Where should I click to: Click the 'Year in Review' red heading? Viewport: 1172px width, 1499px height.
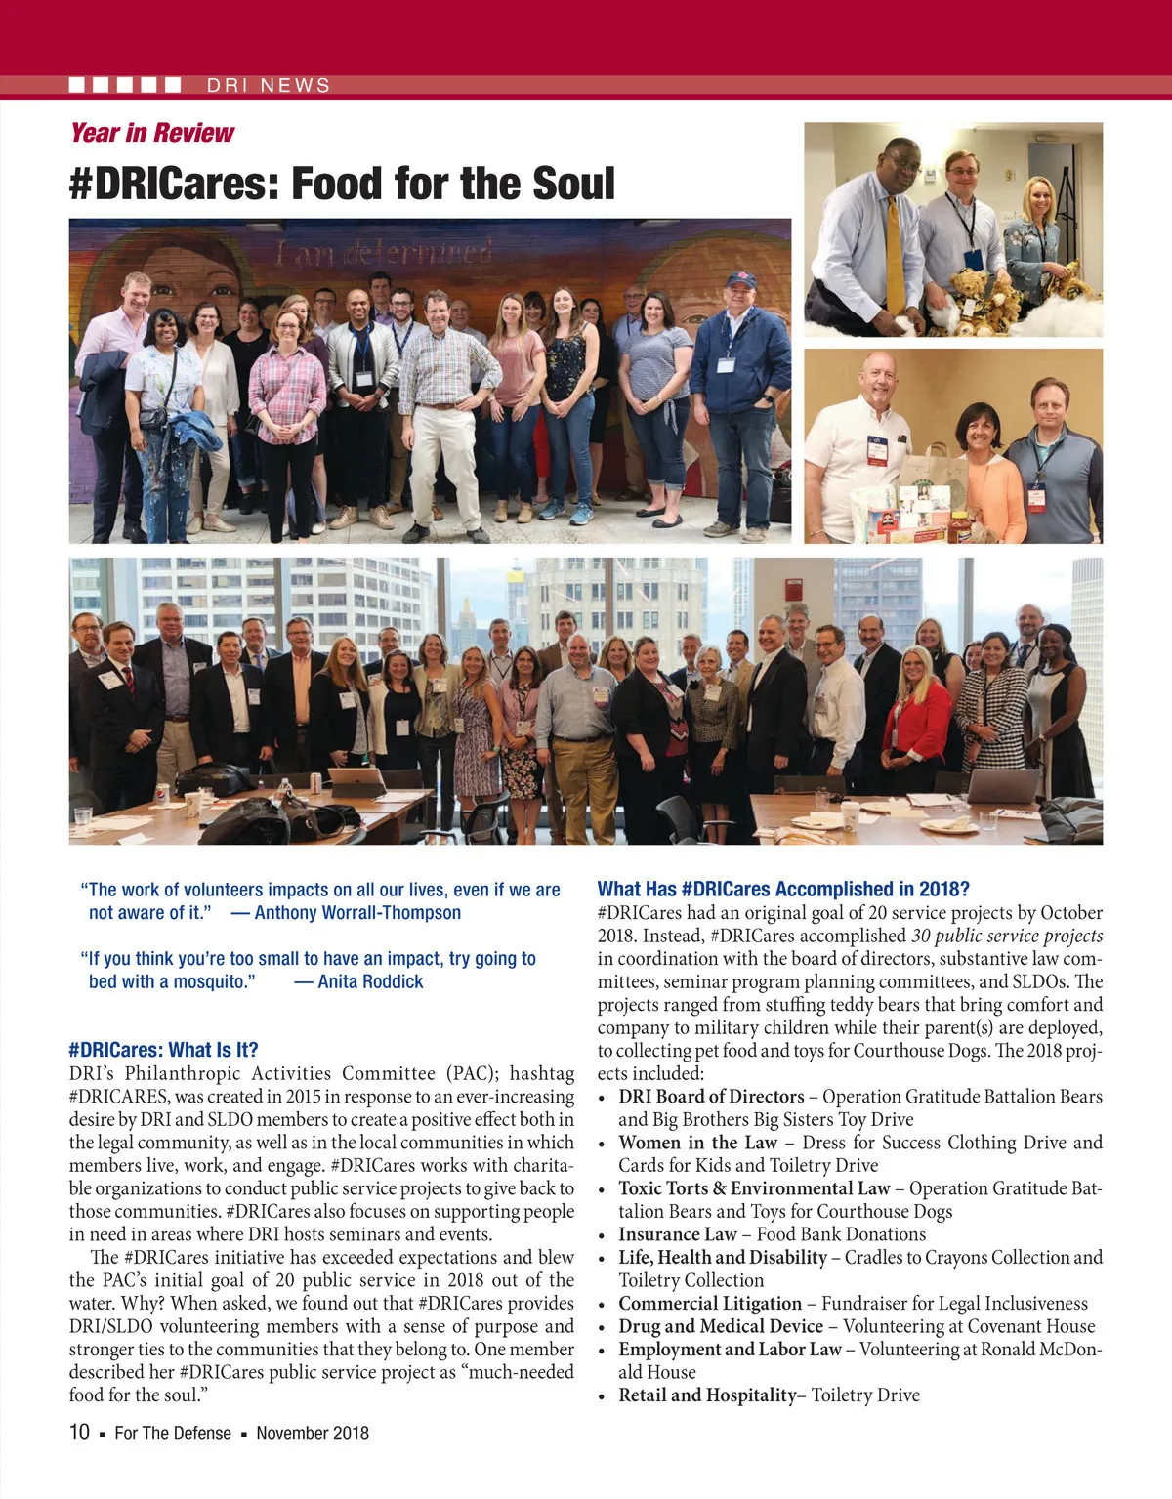(x=152, y=133)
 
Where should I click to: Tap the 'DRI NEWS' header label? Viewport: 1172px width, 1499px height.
(x=269, y=86)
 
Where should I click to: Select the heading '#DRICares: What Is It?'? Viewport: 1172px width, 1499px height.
(x=163, y=1050)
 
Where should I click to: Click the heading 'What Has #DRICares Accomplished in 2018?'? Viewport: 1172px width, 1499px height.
(x=783, y=889)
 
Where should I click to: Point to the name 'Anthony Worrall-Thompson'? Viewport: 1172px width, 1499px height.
(x=357, y=913)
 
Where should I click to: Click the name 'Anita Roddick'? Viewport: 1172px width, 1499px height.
(x=370, y=981)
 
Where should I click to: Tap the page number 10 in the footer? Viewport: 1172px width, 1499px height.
(x=79, y=1433)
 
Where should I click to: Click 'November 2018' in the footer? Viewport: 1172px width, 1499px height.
(x=313, y=1434)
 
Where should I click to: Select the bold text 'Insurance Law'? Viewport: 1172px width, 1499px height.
(x=677, y=1234)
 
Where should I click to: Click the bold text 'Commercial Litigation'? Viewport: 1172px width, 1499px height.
(x=710, y=1304)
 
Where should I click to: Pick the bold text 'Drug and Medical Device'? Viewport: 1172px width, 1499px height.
(x=721, y=1326)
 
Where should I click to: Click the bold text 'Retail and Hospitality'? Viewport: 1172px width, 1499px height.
(x=707, y=1395)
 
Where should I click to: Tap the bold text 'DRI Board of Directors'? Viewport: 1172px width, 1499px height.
(x=711, y=1097)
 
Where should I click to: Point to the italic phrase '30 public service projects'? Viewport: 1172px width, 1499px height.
(x=1007, y=936)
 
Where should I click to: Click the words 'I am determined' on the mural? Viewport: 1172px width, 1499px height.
(x=384, y=253)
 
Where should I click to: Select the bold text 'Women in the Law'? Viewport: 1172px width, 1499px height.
(x=697, y=1143)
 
